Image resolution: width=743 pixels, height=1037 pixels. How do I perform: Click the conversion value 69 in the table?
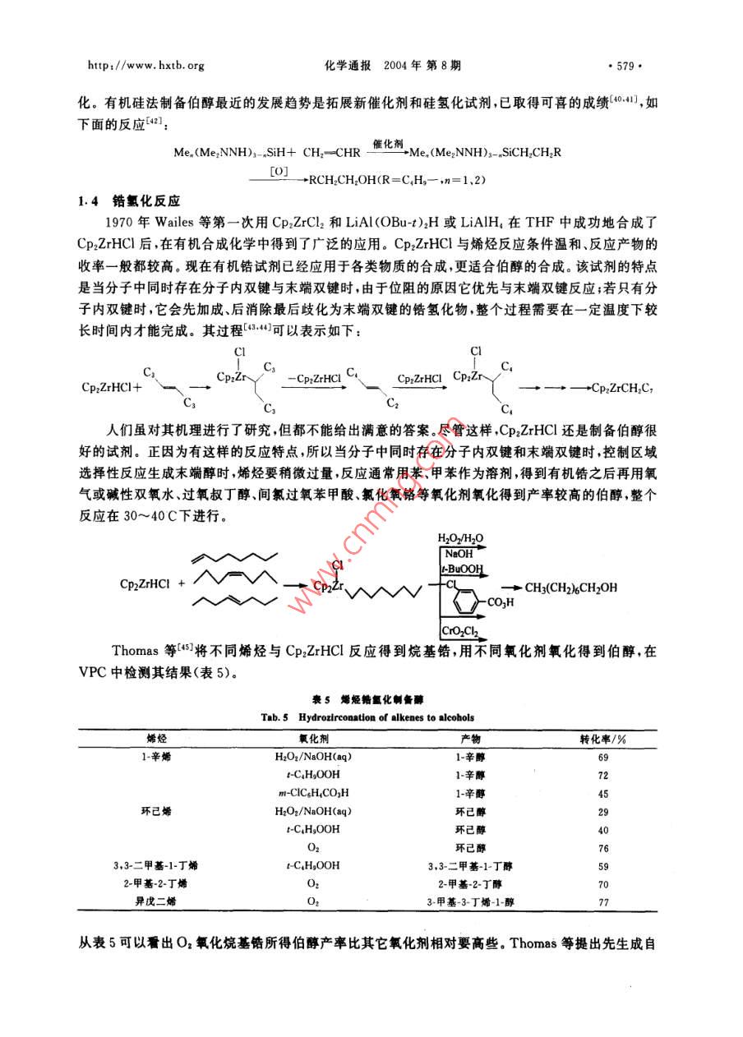[x=603, y=756]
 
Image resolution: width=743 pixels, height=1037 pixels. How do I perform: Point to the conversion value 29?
[x=603, y=811]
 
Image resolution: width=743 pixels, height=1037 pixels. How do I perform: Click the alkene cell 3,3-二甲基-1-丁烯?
[x=155, y=865]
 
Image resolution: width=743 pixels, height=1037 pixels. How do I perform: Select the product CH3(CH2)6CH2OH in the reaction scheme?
[x=570, y=587]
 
